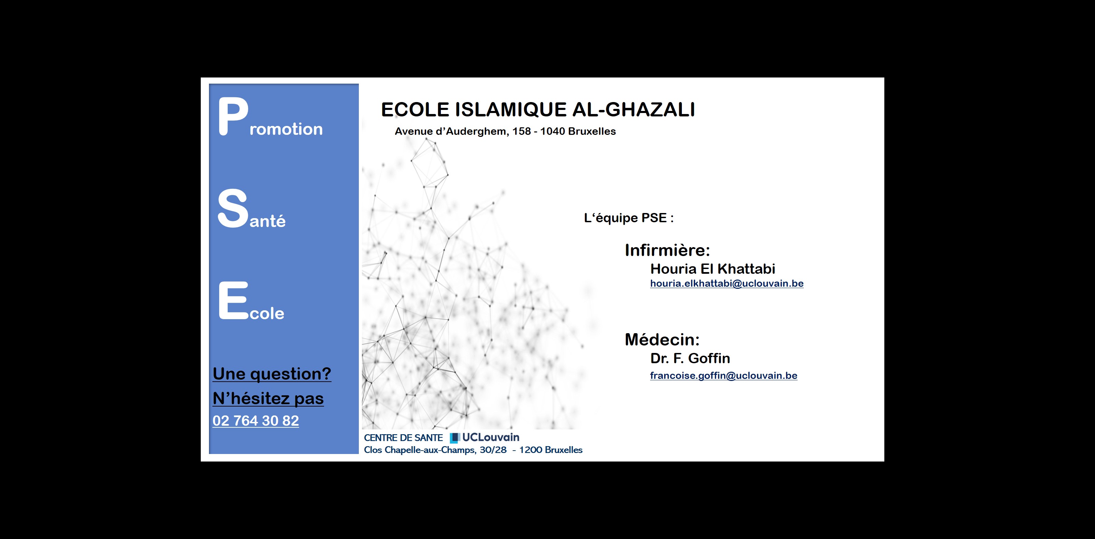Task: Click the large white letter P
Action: [x=233, y=116]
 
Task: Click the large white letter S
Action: [x=233, y=208]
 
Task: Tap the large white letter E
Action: [x=233, y=300]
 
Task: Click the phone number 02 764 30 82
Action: [x=255, y=421]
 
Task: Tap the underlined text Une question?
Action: [x=272, y=374]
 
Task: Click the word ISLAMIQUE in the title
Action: [x=511, y=110]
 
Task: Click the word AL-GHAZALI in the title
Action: [x=634, y=110]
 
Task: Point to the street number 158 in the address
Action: [x=522, y=131]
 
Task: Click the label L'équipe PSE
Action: [x=629, y=218]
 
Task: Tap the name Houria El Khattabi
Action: [x=713, y=269]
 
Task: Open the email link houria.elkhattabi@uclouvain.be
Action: [x=727, y=284]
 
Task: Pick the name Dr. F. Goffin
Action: [x=690, y=358]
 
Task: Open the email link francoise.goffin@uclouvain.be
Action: [x=724, y=376]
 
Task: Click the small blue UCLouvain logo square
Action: [x=455, y=438]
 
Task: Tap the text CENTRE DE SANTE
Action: [x=403, y=438]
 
